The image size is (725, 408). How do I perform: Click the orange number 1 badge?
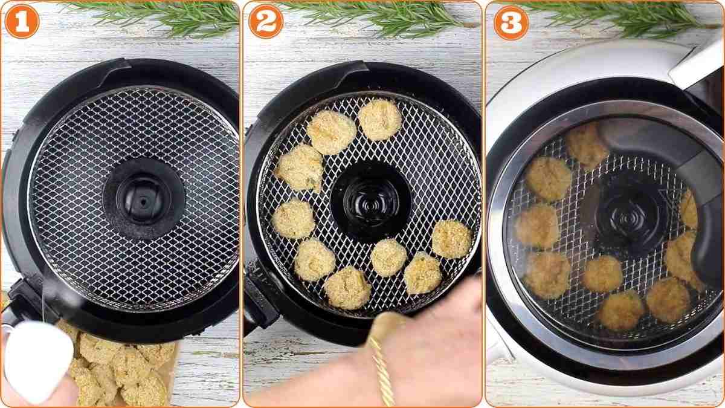(22, 22)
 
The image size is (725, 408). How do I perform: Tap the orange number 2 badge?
(266, 22)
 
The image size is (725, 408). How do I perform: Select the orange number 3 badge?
(511, 23)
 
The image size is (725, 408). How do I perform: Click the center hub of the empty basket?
(143, 198)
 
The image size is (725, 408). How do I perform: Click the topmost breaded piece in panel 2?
(379, 119)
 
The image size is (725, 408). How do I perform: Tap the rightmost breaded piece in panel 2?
(451, 239)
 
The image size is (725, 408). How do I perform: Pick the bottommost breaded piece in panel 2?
(347, 287)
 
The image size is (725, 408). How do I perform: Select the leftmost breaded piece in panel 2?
(293, 218)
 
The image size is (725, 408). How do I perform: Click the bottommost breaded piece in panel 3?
(620, 309)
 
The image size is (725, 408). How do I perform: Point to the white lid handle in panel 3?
(698, 63)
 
